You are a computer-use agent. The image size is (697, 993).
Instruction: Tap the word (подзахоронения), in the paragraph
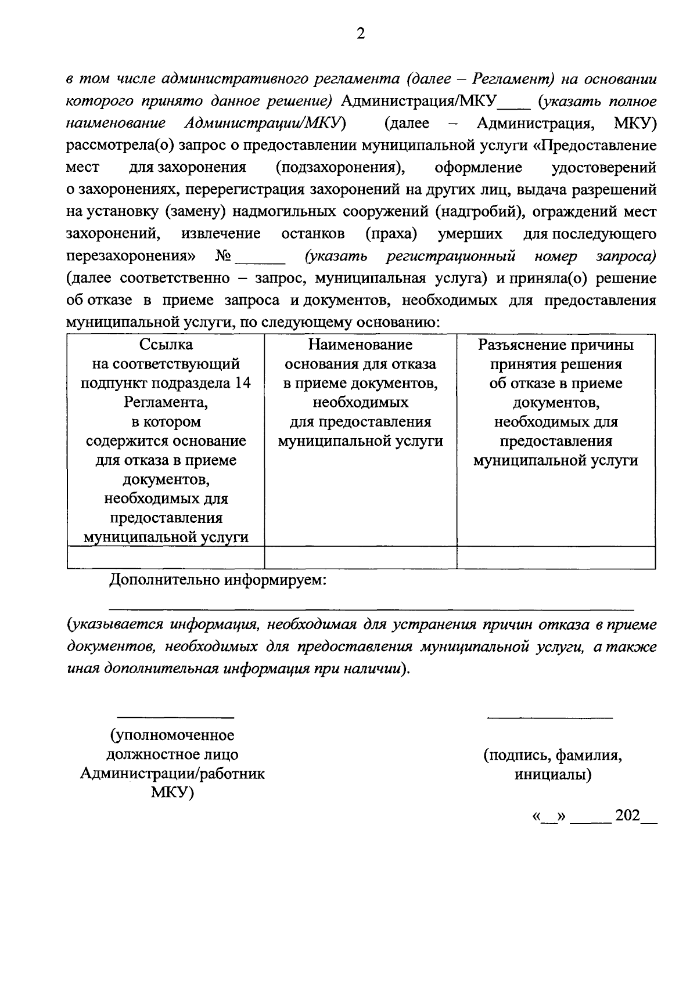(x=341, y=168)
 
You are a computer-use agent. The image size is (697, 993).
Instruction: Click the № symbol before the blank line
(x=223, y=257)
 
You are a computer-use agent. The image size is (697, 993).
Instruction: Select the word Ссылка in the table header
(x=166, y=345)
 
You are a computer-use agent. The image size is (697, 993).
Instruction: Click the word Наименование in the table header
(x=360, y=345)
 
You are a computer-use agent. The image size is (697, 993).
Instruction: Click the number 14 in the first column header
(x=243, y=383)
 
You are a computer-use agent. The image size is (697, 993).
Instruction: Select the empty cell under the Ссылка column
(x=166, y=558)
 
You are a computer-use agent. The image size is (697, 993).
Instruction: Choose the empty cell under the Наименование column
(x=360, y=558)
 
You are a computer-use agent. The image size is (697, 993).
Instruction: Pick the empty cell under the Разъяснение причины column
(x=556, y=558)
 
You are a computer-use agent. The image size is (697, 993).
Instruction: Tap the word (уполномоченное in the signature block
(x=173, y=735)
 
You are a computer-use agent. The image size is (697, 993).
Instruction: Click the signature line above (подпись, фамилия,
(x=549, y=718)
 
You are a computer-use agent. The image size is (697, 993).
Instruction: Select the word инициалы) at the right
(x=553, y=774)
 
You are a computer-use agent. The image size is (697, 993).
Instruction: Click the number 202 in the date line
(x=627, y=815)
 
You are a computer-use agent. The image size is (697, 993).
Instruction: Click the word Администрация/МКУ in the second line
(x=418, y=102)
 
